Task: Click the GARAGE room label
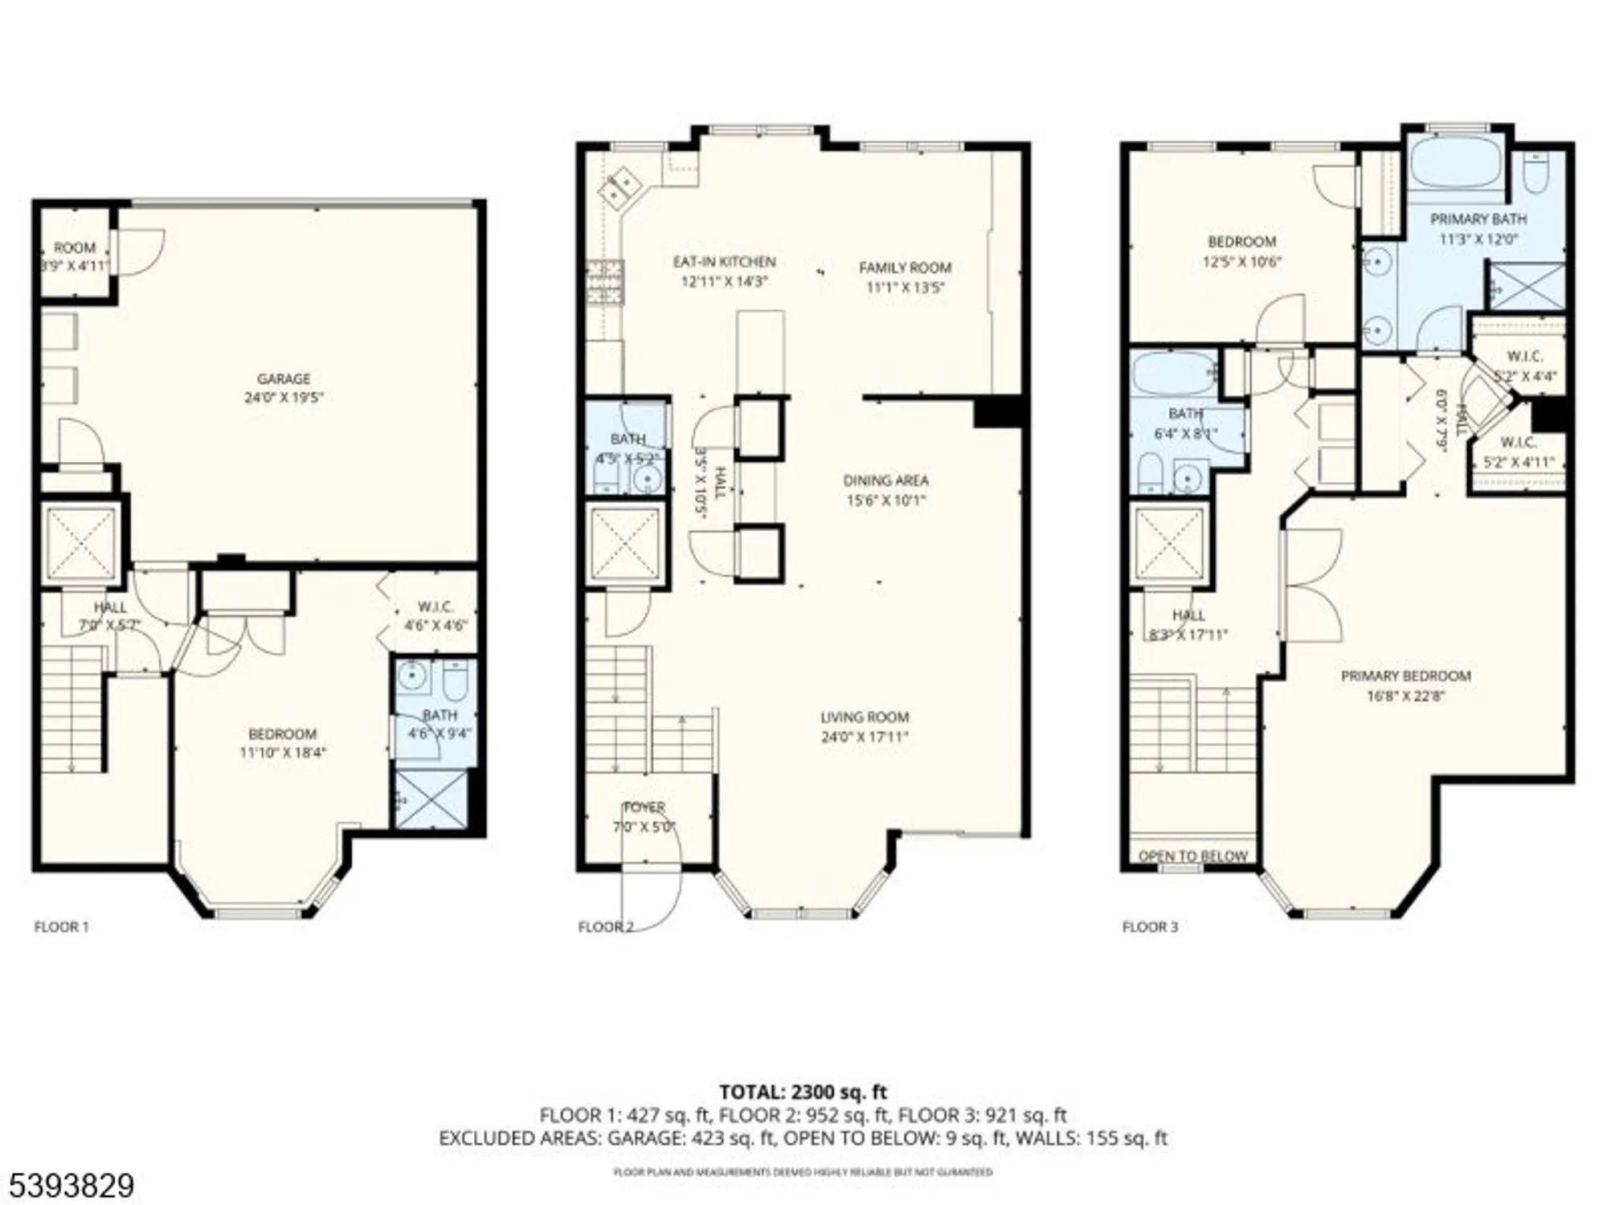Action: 283,378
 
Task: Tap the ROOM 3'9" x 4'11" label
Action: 75,256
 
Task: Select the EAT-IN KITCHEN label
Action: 724,262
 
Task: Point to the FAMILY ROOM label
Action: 905,268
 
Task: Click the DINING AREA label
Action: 885,480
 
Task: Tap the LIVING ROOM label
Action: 865,717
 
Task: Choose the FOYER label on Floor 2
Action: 644,807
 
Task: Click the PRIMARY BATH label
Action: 1478,219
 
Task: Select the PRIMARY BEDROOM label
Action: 1406,676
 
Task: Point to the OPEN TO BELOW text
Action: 1193,856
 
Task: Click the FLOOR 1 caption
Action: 61,927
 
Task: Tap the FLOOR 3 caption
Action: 1150,927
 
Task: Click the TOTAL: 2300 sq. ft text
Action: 803,1093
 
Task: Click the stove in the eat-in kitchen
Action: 605,283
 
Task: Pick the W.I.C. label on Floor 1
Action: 435,607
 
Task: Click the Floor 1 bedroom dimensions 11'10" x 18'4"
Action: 283,753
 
